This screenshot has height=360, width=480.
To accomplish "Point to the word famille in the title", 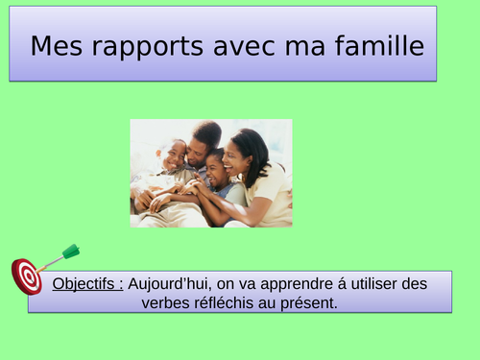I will tap(374, 46).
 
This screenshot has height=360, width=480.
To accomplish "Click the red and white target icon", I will tap(26, 276).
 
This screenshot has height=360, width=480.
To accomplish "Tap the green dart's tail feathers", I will tap(71, 252).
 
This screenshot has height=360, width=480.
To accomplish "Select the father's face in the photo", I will tap(199, 147).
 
